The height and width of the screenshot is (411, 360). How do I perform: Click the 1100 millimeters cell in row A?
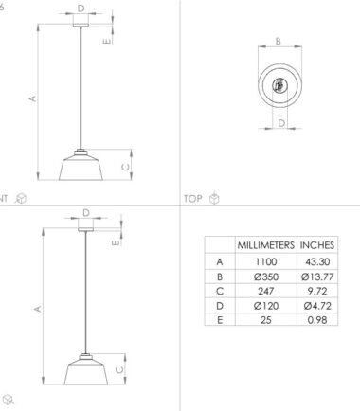(x=266, y=261)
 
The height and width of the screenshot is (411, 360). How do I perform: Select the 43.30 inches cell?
(x=317, y=261)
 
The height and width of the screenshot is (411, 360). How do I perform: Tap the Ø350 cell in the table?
(x=266, y=277)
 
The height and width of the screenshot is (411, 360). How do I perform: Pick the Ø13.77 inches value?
(x=317, y=277)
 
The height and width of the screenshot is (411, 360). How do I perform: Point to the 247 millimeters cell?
(x=266, y=291)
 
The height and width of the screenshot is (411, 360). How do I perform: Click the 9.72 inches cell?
(x=317, y=291)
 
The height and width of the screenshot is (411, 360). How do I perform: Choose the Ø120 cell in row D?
(x=266, y=306)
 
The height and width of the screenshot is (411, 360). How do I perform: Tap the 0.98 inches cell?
(x=317, y=320)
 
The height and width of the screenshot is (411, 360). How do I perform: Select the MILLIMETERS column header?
(x=266, y=245)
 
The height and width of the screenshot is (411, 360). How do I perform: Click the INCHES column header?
(x=317, y=245)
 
